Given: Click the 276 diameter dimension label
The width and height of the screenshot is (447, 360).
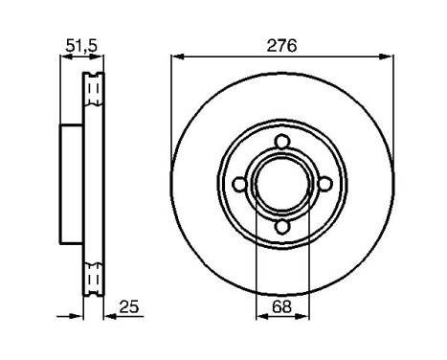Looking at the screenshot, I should (x=282, y=45).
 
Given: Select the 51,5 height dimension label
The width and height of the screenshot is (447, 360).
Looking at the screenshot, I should (x=79, y=44).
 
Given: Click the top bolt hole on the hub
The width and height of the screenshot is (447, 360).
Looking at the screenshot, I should (x=282, y=144).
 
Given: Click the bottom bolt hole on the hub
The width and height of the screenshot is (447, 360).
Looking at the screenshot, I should (x=282, y=227).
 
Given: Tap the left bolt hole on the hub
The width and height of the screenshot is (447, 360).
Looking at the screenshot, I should (x=240, y=185).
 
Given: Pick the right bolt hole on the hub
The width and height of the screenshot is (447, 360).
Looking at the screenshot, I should (x=324, y=185).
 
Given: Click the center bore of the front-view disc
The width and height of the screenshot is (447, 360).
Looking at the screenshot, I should (x=282, y=185).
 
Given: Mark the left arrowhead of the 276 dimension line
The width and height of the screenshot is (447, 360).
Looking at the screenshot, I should (x=176, y=56).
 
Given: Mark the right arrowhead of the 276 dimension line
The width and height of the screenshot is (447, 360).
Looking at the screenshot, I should (x=389, y=56).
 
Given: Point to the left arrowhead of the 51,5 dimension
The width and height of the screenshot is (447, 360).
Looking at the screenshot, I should (x=64, y=56).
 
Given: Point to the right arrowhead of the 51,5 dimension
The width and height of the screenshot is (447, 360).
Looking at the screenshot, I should (x=99, y=56).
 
